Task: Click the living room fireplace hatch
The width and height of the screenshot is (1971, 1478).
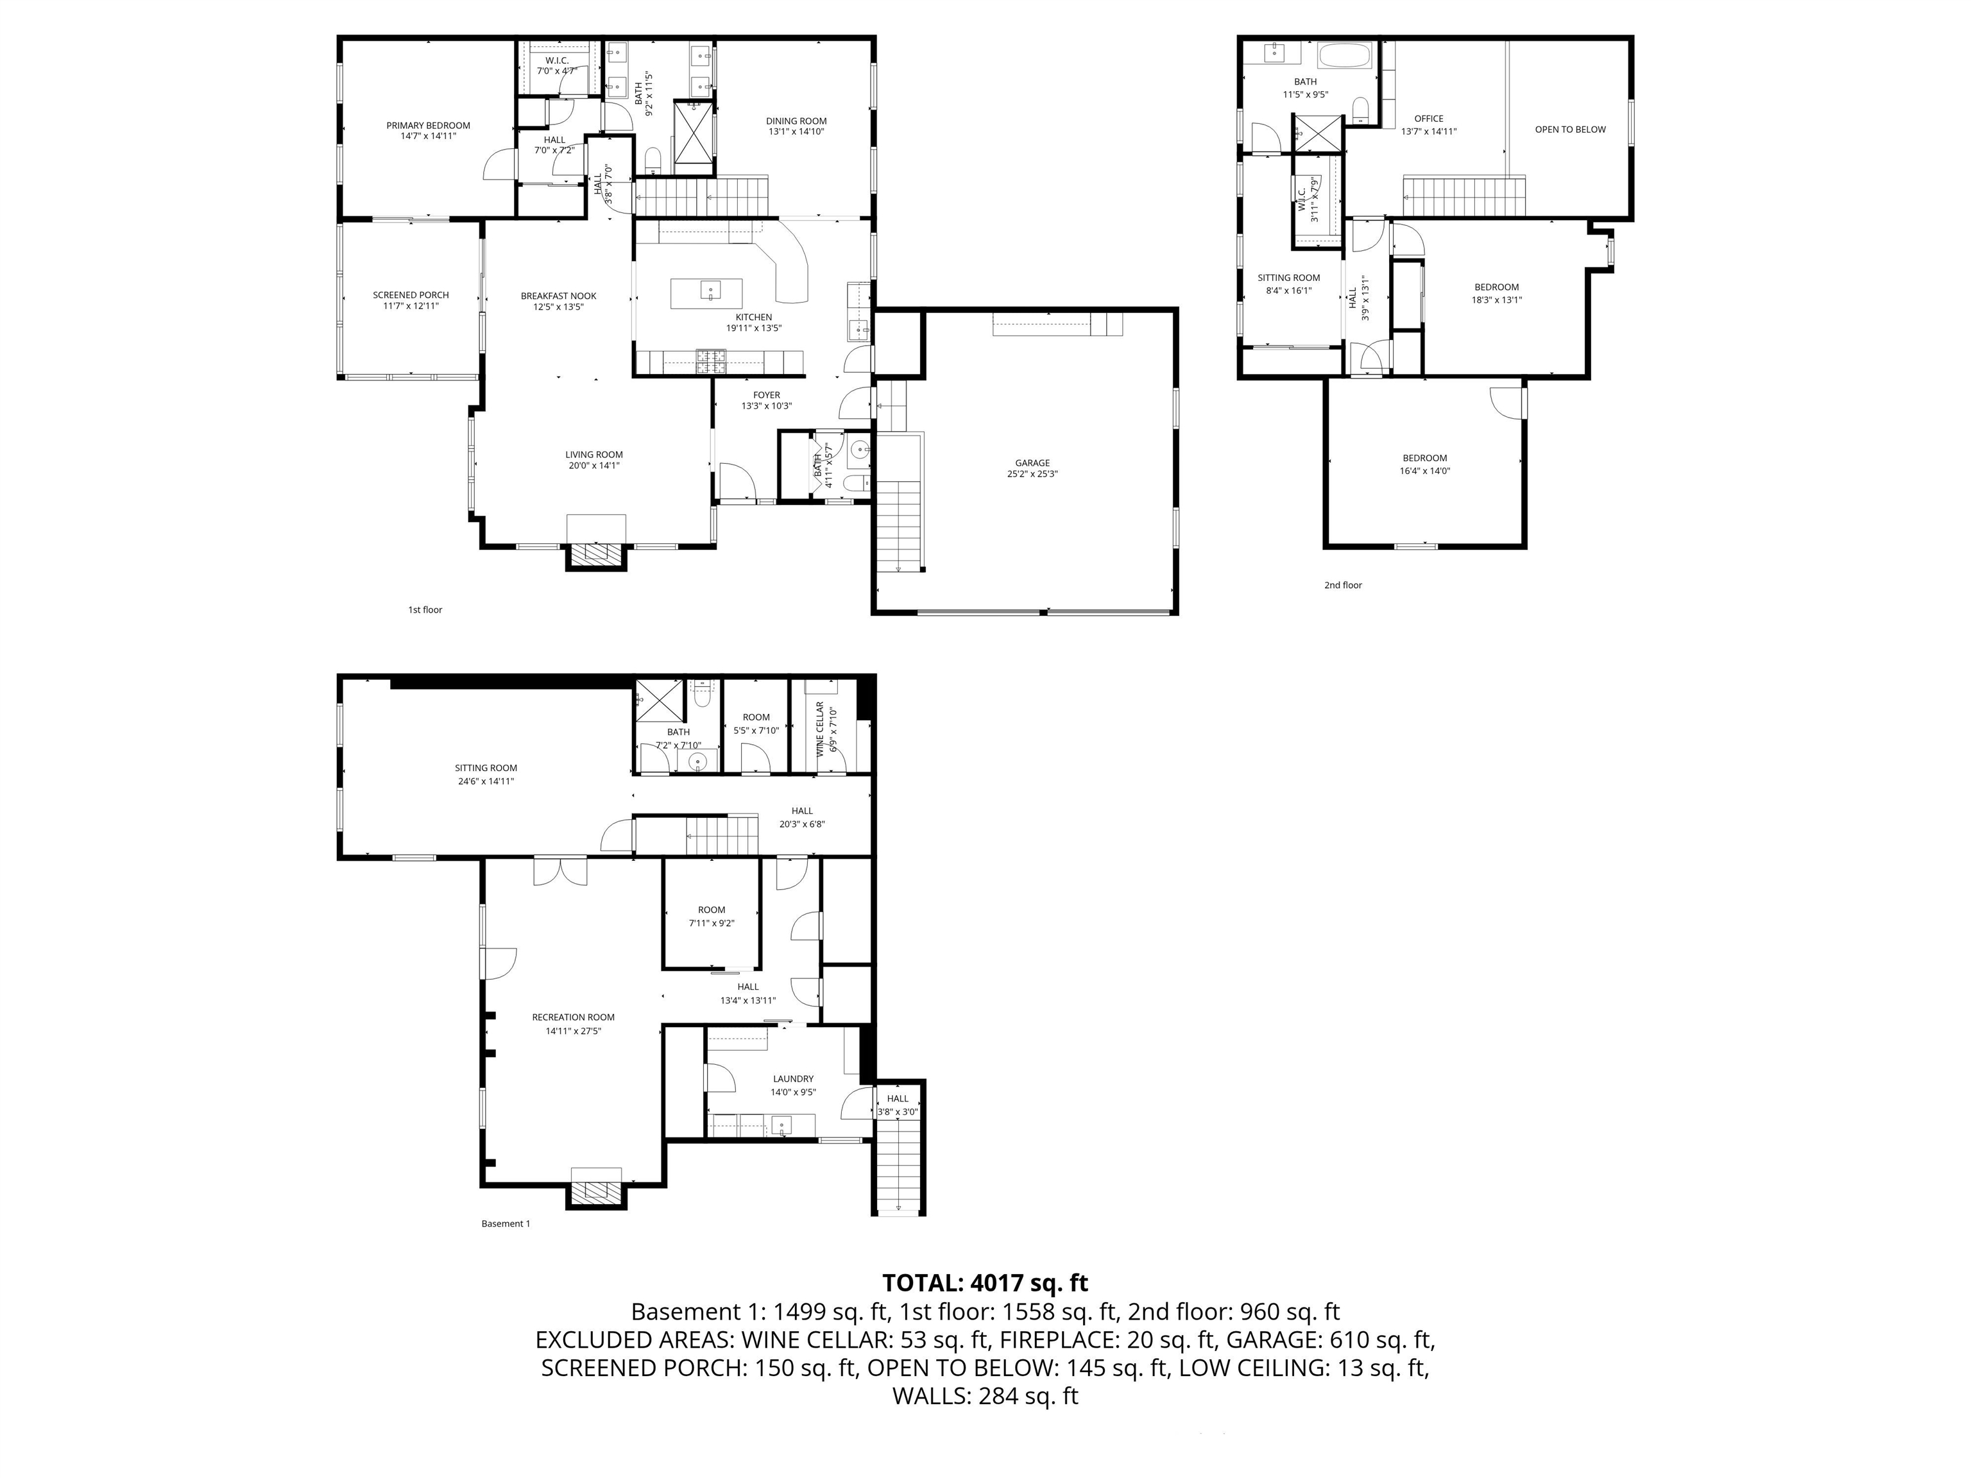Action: tap(596, 554)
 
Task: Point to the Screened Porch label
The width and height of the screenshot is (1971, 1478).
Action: tap(411, 295)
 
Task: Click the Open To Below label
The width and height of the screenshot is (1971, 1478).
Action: tap(1570, 129)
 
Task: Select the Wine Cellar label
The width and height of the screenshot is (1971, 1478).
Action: tap(820, 729)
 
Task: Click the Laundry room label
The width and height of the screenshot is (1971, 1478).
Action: tap(793, 1078)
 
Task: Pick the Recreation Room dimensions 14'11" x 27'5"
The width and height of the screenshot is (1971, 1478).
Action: tap(573, 1031)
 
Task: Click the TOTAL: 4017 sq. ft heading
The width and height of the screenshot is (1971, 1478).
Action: tap(985, 1283)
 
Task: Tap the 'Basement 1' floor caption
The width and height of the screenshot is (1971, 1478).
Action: tap(505, 1223)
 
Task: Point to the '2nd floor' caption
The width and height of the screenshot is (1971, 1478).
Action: tap(1343, 585)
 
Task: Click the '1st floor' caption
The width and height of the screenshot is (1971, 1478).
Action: tap(425, 610)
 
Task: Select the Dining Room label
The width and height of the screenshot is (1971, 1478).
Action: tap(796, 121)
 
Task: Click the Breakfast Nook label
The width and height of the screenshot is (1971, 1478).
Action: tap(559, 296)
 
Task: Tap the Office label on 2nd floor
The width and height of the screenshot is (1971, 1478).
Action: tap(1428, 119)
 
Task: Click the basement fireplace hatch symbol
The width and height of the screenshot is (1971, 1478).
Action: tap(596, 1193)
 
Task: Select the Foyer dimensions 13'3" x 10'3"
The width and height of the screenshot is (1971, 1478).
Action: tap(766, 406)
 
